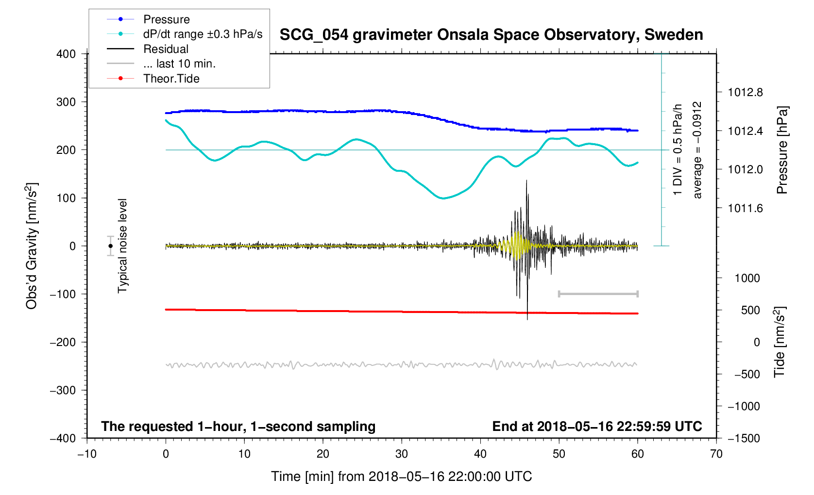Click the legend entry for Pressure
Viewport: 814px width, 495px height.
coord(166,19)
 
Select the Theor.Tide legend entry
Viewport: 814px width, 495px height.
coord(171,79)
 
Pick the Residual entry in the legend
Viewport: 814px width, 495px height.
coord(166,49)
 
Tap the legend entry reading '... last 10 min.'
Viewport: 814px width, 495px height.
coord(179,64)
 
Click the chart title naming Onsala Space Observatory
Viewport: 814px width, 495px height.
coord(491,35)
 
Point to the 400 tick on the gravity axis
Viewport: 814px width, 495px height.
coord(66,54)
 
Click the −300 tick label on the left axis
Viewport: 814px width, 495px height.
coord(63,390)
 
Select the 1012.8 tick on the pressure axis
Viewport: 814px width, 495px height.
coord(745,92)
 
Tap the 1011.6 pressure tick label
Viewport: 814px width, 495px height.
coord(745,208)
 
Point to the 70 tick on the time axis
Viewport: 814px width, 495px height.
coord(716,454)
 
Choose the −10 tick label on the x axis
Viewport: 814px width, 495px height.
coord(87,454)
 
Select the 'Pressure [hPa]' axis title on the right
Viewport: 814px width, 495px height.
coord(782,150)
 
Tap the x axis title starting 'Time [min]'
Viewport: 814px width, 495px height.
coord(401,477)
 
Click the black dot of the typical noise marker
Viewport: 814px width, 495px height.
coord(111,246)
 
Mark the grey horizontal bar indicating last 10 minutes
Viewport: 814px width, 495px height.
coord(598,294)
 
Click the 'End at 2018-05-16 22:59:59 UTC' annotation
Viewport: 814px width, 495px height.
coord(597,427)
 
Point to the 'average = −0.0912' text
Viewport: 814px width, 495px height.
coord(697,150)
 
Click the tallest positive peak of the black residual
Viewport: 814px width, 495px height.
coord(526,181)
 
